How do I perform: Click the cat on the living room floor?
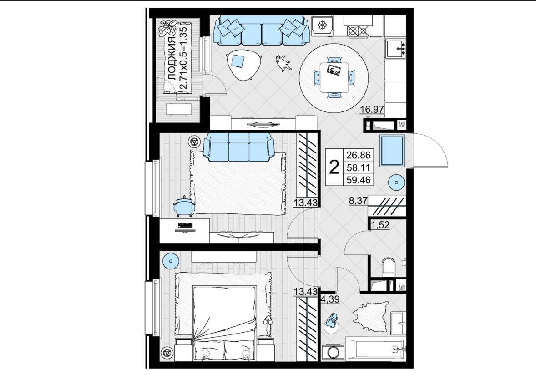click(x=283, y=63)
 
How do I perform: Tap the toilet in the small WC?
click(x=388, y=266)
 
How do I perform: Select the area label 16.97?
click(x=372, y=110)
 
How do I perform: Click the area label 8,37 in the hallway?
click(x=358, y=201)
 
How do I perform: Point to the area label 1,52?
click(x=380, y=225)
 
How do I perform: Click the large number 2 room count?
click(x=334, y=167)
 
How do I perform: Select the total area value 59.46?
click(x=359, y=180)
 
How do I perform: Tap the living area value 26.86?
click(x=359, y=155)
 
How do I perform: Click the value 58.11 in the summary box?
click(x=359, y=167)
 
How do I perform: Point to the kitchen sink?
click(x=396, y=48)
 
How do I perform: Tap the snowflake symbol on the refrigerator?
click(x=321, y=25)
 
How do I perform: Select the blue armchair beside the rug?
click(x=184, y=206)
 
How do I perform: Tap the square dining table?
click(x=334, y=77)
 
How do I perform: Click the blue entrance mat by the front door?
click(x=392, y=151)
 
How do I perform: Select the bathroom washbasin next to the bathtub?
click(x=398, y=322)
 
